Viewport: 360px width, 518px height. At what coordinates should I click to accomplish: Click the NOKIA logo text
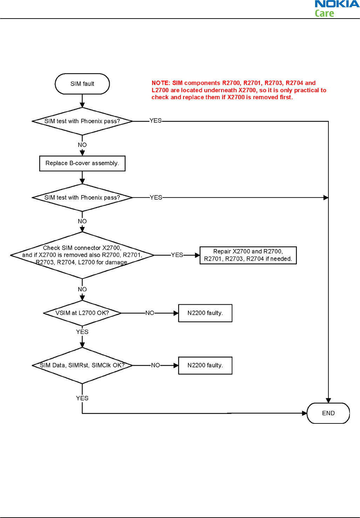(x=337, y=4)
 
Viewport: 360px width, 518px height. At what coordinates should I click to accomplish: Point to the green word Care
(x=324, y=13)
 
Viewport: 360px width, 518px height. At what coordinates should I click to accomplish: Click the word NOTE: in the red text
(x=161, y=83)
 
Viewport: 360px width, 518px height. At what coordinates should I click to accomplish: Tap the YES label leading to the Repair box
(x=177, y=255)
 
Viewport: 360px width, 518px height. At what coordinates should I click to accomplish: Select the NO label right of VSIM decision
(x=150, y=313)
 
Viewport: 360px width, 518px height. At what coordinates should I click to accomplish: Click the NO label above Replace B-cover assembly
(x=82, y=145)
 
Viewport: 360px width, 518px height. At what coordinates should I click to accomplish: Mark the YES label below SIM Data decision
(x=82, y=398)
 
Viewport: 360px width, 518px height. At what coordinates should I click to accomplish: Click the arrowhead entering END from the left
(x=304, y=413)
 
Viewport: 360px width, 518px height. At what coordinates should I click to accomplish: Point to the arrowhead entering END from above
(x=328, y=401)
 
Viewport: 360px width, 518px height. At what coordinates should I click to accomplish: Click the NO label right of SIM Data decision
(x=156, y=365)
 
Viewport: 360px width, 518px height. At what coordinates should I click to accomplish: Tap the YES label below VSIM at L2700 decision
(x=82, y=332)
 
